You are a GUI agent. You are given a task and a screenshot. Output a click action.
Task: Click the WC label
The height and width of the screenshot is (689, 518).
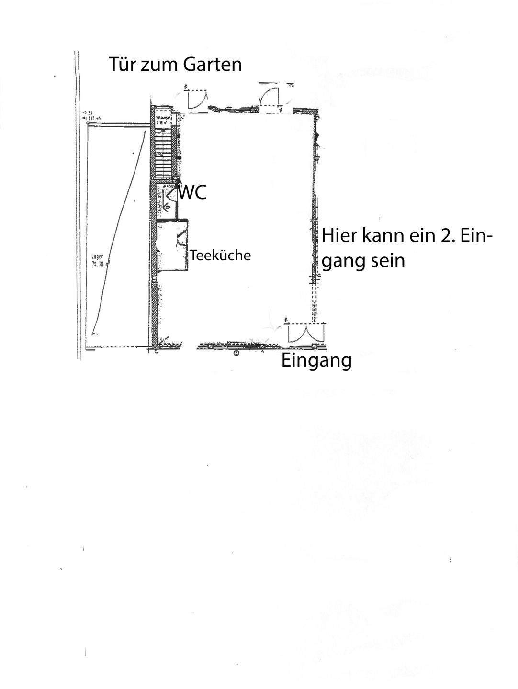pos(192,193)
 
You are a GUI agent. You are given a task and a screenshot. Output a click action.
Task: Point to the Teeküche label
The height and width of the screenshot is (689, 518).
pos(220,256)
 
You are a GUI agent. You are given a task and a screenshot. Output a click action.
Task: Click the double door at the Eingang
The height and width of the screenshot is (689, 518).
pos(301,333)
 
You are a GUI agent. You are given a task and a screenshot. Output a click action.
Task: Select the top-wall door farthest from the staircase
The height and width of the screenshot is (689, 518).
pos(270,99)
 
